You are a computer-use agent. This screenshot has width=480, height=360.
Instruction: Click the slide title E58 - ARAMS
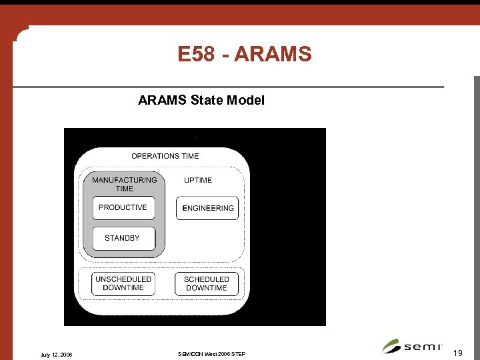(245, 53)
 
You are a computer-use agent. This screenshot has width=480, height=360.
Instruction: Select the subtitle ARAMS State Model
(201, 101)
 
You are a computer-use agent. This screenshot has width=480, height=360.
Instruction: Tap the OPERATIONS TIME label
(165, 156)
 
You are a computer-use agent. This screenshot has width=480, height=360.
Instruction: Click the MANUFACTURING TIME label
(125, 184)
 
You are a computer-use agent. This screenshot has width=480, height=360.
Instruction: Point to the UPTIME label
(198, 180)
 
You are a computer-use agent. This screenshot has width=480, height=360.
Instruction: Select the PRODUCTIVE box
(123, 208)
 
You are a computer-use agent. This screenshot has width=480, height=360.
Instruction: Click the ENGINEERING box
(207, 208)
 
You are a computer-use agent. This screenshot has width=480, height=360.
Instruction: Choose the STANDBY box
(123, 238)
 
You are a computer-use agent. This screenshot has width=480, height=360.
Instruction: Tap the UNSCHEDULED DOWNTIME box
(123, 283)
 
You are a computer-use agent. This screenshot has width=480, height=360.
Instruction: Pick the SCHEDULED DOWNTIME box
(207, 283)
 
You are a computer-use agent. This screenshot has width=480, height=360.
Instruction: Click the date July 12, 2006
(56, 354)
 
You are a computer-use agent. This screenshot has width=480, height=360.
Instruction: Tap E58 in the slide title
(196, 53)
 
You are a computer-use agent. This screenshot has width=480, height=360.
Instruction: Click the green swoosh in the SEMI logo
(391, 346)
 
